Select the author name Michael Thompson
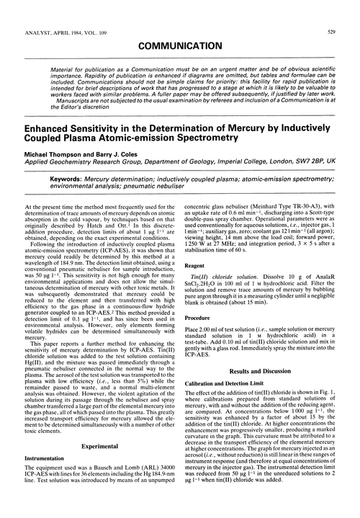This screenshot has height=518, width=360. coord(53,156)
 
